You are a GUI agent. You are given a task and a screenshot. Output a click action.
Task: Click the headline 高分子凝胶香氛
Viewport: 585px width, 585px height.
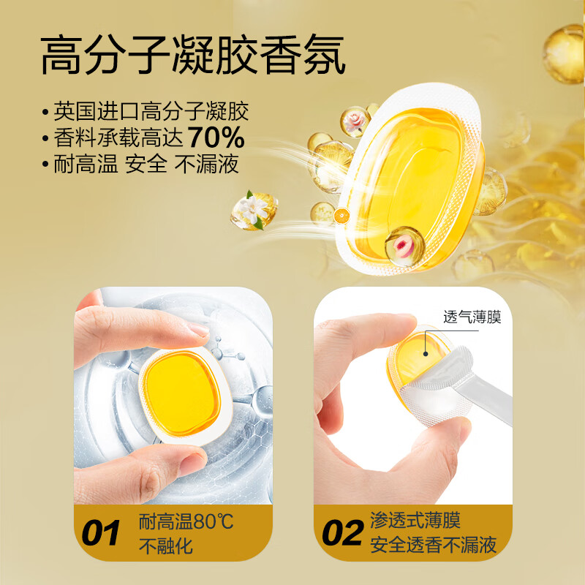coord(192,56)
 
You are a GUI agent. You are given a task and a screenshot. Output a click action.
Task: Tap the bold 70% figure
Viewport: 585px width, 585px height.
coord(216,137)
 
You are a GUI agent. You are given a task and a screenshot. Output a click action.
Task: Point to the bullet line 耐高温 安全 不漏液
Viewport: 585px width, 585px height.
coord(146,163)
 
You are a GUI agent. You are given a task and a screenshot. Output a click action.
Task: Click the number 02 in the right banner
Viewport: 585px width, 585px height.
coord(342,533)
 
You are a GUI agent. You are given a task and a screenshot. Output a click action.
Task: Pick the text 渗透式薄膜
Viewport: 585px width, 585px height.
coord(415,521)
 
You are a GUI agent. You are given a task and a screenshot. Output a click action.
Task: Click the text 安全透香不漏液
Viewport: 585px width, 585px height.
coord(433,546)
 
